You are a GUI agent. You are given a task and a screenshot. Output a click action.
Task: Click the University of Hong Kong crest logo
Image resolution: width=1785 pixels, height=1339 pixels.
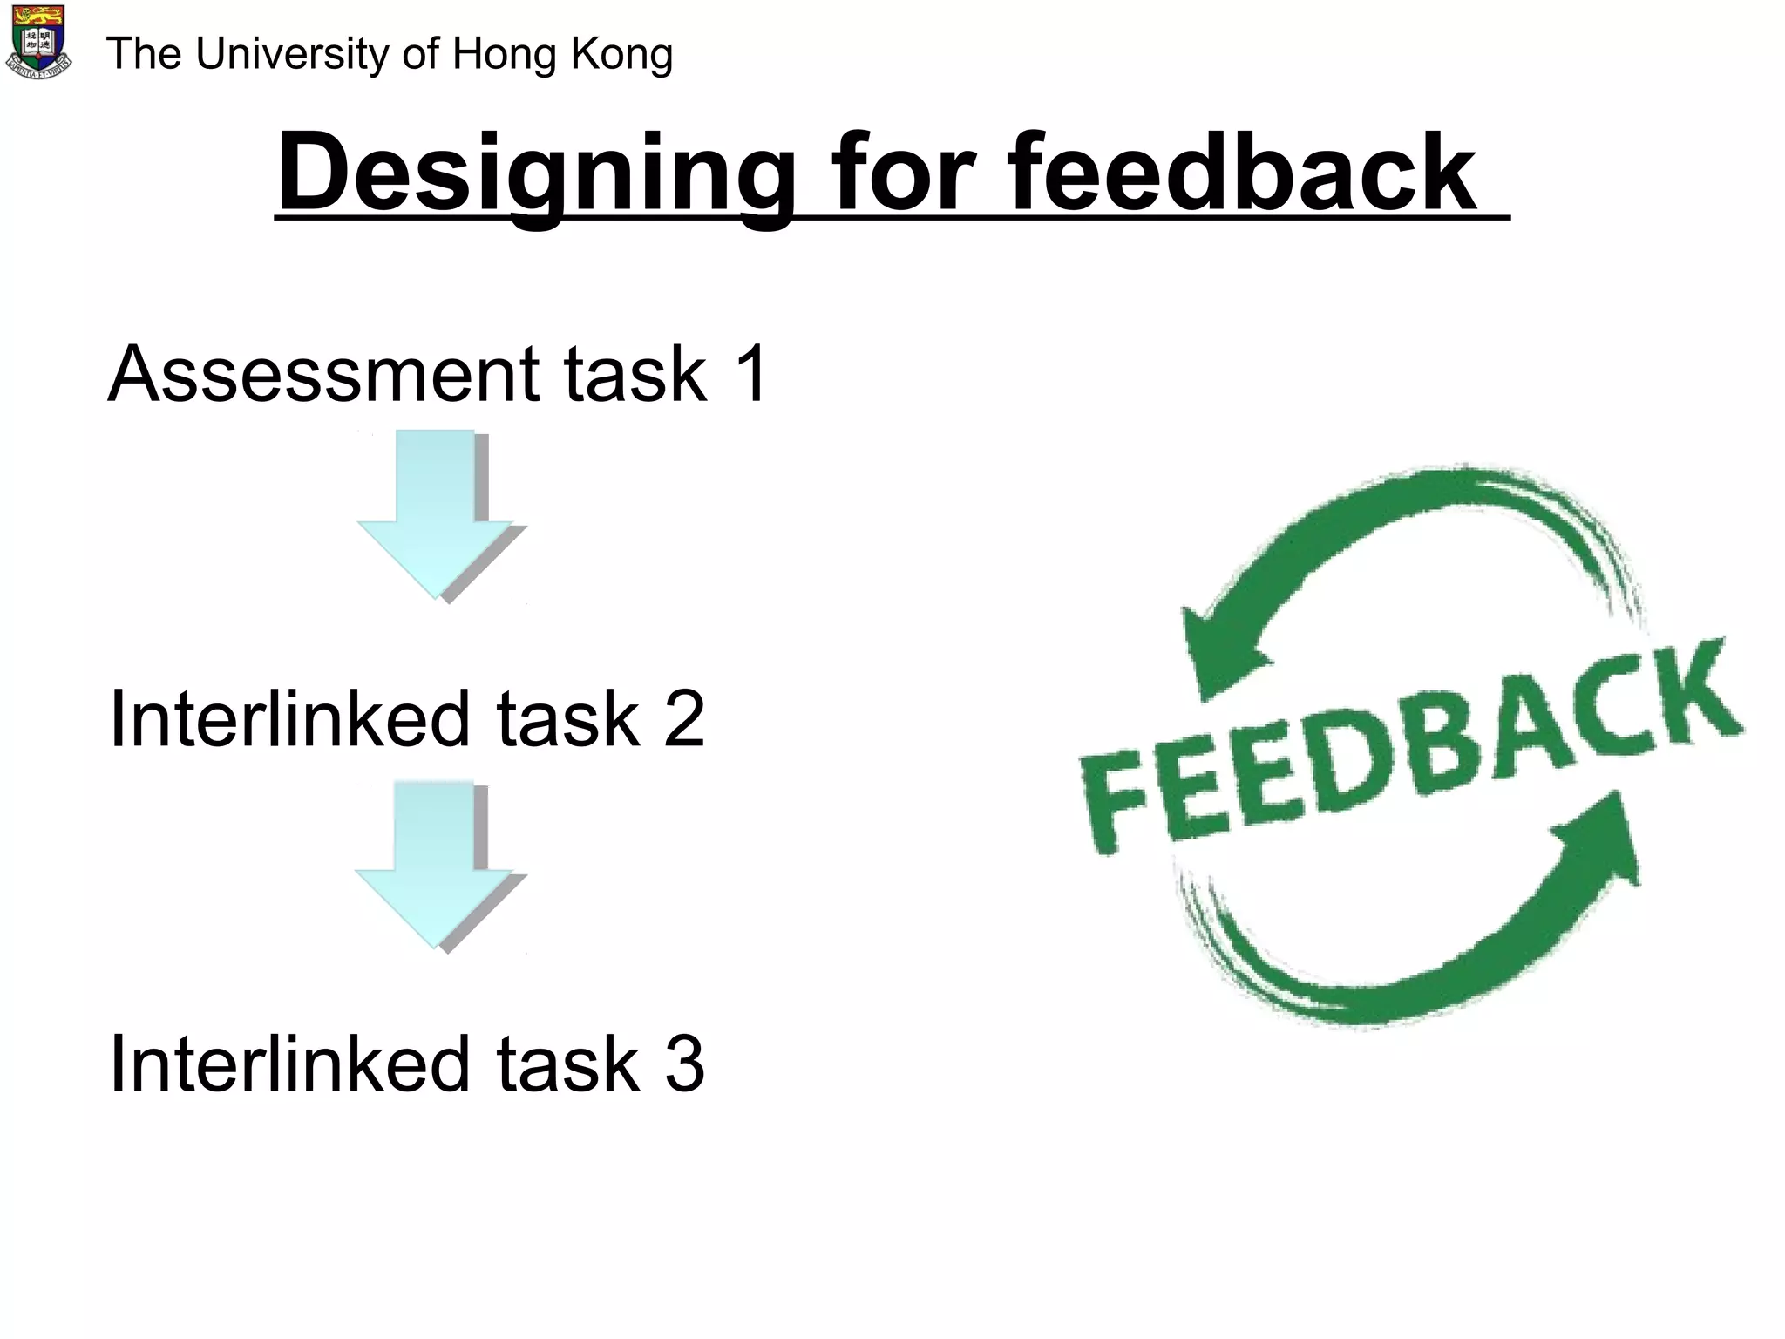tap(38, 42)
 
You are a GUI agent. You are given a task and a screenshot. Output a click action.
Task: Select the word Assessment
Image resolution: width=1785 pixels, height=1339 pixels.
tap(322, 374)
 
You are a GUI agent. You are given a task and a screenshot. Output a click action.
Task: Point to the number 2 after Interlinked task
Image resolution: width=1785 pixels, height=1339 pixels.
tap(683, 719)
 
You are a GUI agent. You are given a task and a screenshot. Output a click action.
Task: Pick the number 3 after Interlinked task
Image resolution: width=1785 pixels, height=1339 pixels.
tap(685, 1064)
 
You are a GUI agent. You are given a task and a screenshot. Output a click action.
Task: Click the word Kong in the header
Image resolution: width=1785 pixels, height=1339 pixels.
tap(621, 54)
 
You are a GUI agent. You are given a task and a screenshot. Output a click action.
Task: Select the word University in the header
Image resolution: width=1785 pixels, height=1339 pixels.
tap(293, 54)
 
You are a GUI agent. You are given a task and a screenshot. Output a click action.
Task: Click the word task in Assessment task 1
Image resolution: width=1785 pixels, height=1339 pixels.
tap(635, 374)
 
